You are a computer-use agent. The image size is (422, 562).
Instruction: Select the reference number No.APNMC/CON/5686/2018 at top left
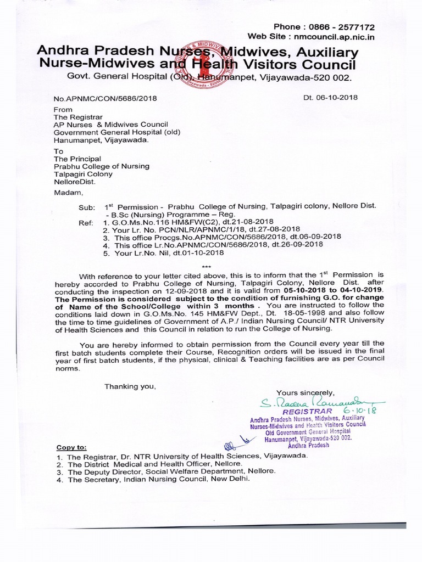[x=105, y=98]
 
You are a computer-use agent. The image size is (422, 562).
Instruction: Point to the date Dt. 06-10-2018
[x=330, y=98]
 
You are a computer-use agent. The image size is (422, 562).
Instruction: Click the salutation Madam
[x=66, y=192]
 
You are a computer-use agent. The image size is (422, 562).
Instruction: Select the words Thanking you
[x=130, y=386]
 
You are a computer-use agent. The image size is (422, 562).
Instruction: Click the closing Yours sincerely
[x=305, y=392]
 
